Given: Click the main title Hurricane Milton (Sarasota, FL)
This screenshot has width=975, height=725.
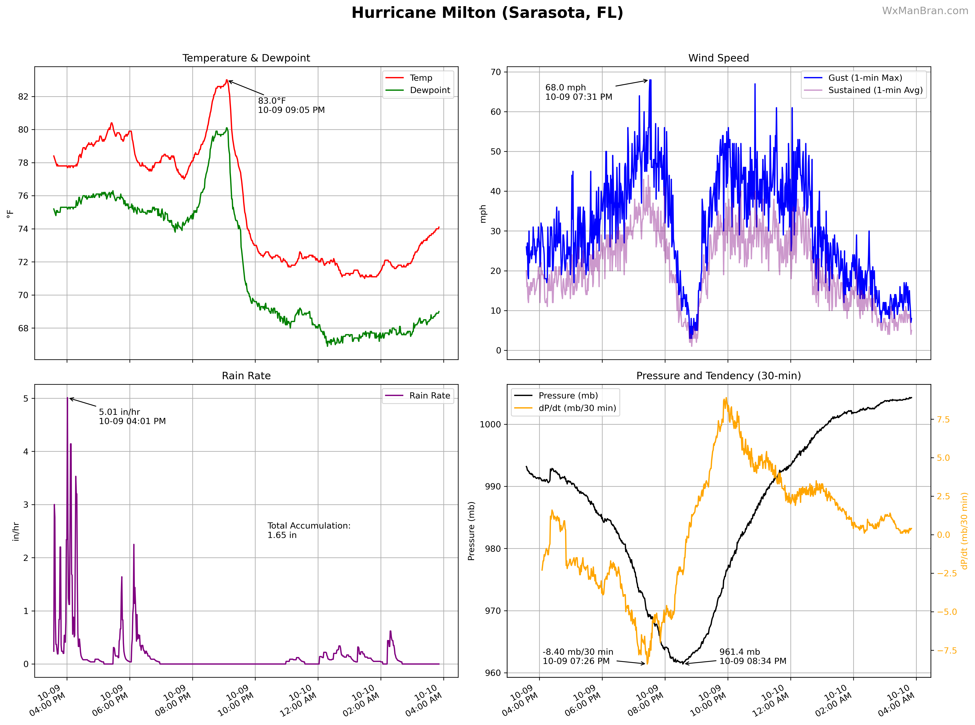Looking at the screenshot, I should point(487,13).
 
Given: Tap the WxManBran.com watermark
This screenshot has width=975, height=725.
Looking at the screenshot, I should point(925,11).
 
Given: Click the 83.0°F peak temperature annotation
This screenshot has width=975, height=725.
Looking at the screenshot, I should point(291,105).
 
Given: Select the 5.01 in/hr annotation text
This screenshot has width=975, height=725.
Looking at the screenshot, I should point(132,416).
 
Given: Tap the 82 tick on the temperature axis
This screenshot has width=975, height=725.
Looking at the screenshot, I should point(23,96).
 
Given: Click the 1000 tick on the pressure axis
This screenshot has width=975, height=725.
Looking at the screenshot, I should point(490,424).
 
